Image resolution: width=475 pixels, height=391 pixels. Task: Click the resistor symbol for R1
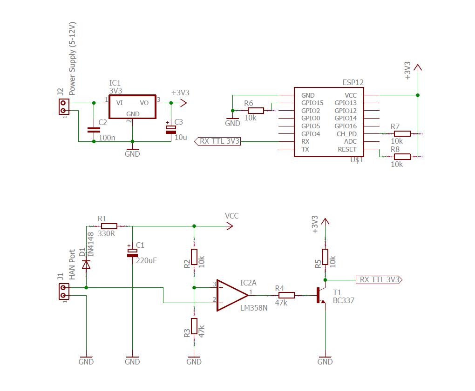click(109, 226)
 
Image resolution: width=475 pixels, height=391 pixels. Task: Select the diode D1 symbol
click(86, 265)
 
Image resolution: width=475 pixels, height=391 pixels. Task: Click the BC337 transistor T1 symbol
click(321, 295)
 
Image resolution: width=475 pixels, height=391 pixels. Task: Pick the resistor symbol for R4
click(286, 295)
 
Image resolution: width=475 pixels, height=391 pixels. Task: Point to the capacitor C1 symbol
click(133, 252)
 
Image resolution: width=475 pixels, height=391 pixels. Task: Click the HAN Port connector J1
click(64, 292)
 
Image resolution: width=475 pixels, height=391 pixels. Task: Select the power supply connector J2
click(64, 107)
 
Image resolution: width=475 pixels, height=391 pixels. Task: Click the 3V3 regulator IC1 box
click(132, 107)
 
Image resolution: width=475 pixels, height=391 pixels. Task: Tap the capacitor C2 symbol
click(94, 130)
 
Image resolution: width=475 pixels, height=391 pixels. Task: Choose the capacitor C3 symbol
click(171, 129)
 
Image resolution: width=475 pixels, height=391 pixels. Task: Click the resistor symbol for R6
click(256, 110)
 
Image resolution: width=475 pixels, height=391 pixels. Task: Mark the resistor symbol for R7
click(402, 133)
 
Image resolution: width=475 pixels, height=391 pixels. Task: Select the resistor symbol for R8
click(402, 156)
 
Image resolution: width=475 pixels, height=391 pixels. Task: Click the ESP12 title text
click(353, 82)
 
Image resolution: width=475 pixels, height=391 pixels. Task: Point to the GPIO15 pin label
click(312, 103)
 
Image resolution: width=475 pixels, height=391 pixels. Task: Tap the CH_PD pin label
click(346, 134)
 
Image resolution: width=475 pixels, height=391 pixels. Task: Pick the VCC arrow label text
click(231, 216)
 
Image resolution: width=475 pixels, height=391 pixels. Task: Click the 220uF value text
click(147, 260)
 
